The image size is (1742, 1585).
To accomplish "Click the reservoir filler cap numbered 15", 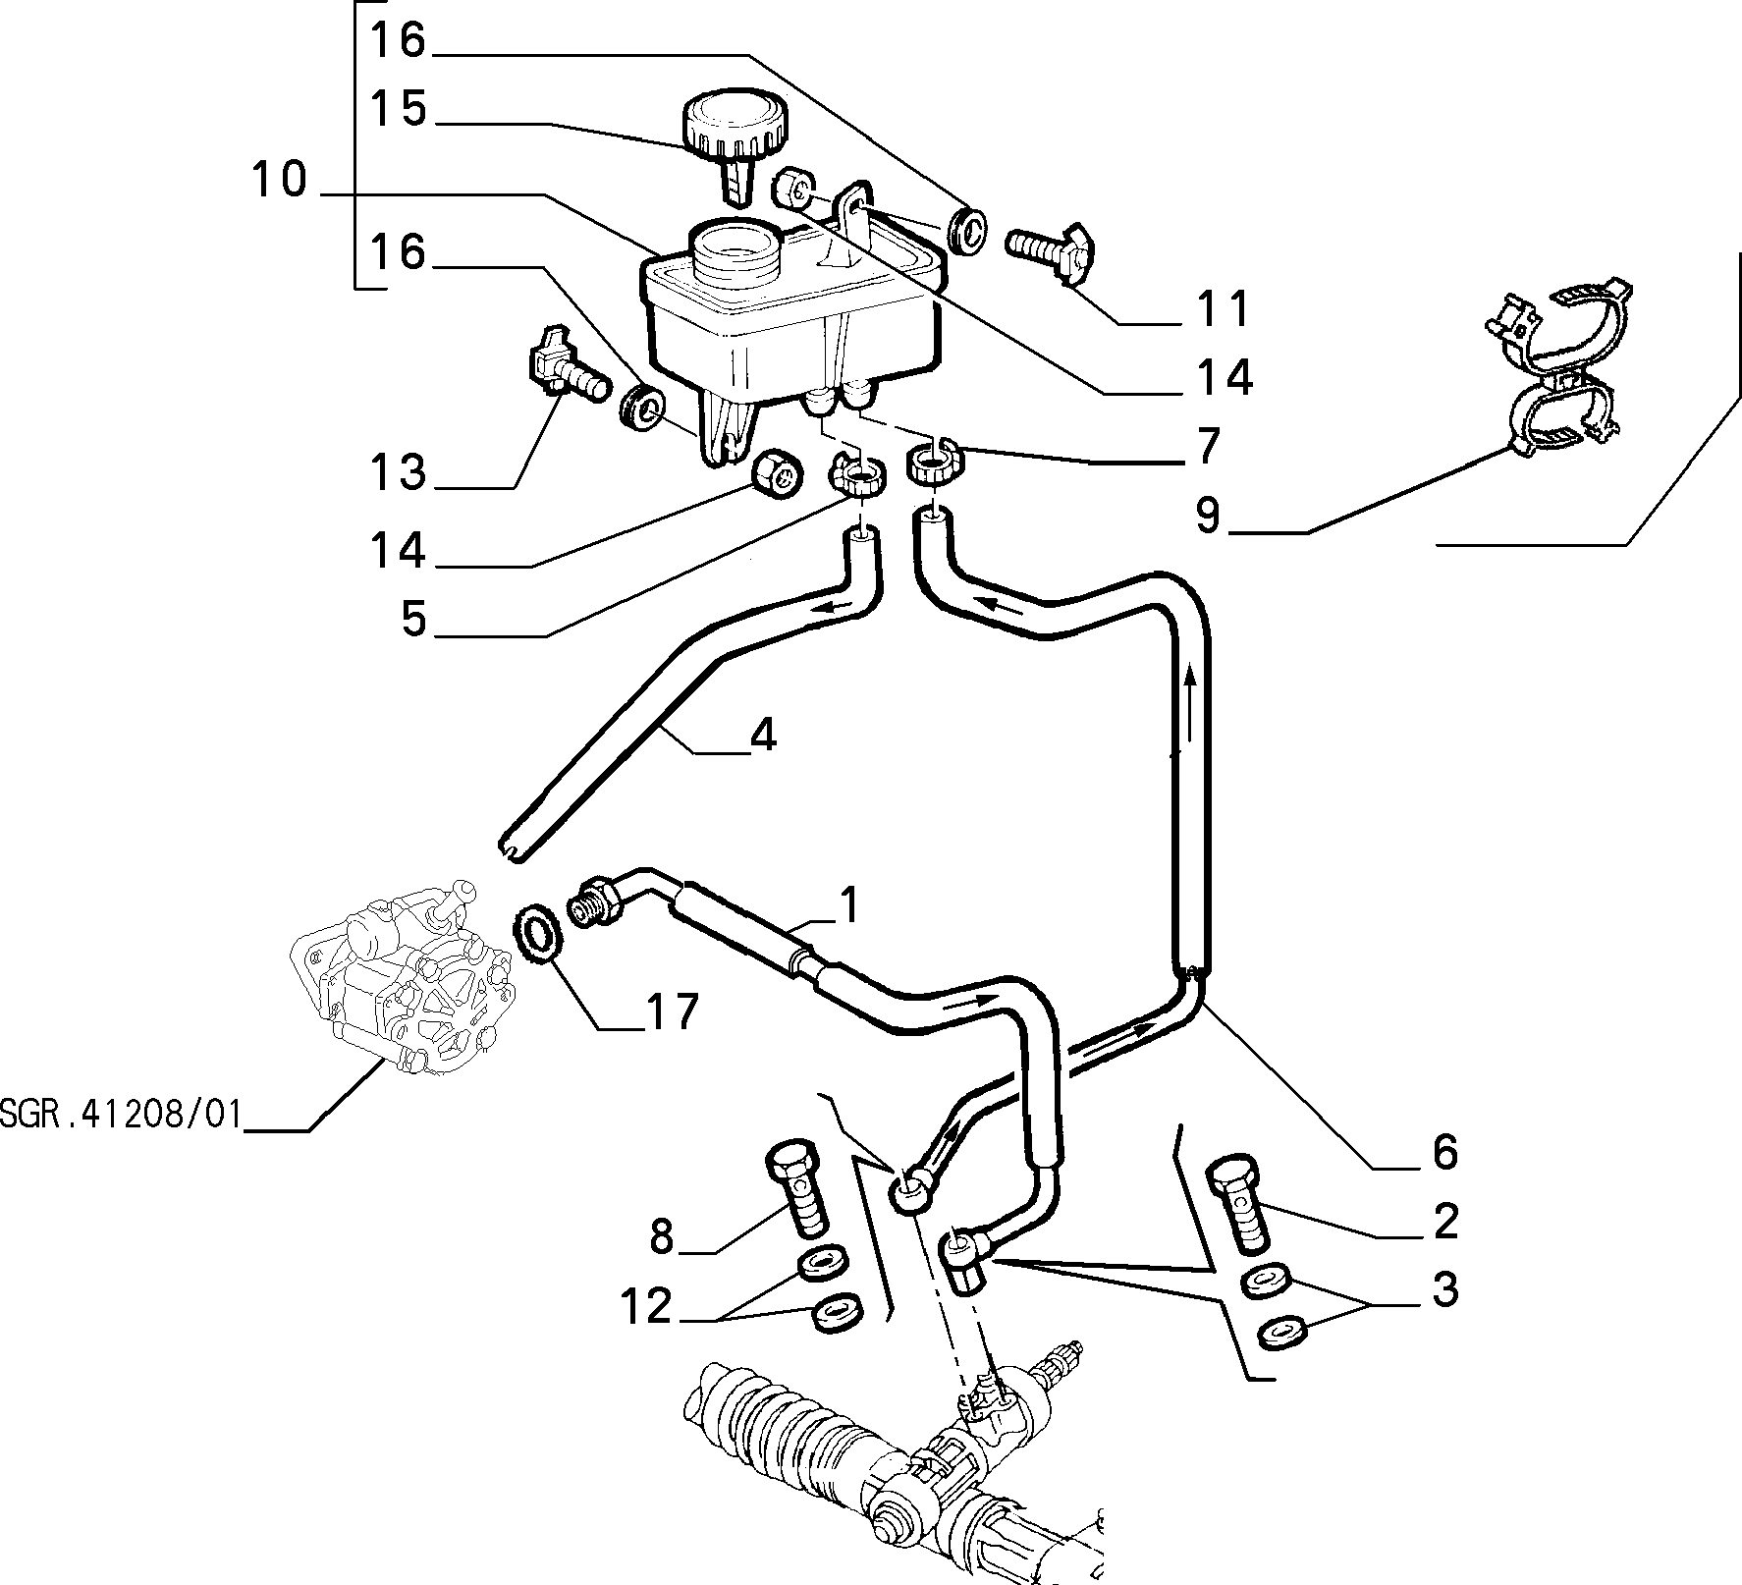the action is [733, 137].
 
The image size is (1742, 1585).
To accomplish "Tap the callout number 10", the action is [279, 181].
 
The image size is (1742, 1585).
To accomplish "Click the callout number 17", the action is [671, 1011].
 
